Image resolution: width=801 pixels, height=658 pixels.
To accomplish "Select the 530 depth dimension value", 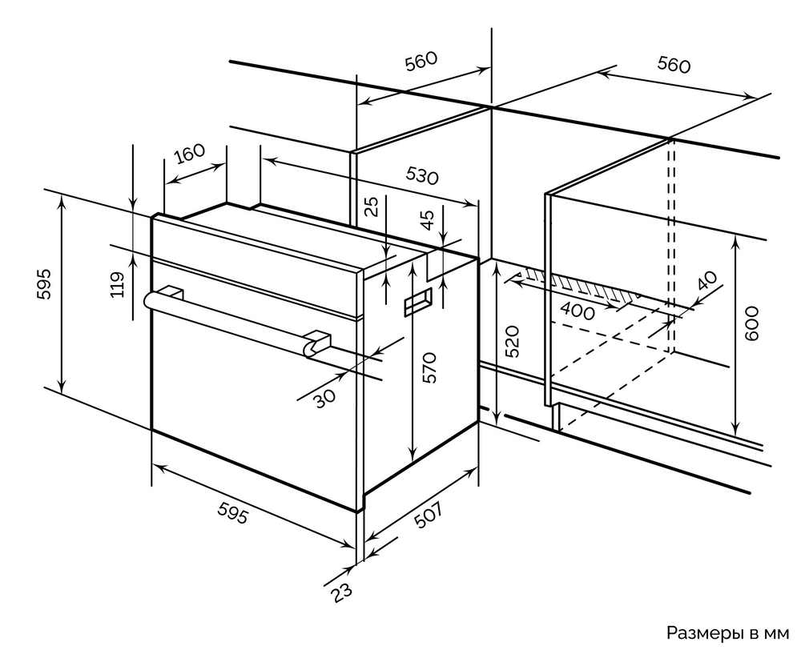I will click(421, 175).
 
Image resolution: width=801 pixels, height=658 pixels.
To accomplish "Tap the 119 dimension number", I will click(117, 285).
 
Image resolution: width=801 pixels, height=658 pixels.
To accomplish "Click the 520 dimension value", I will click(513, 341).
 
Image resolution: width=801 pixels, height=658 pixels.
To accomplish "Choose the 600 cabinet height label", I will click(751, 323).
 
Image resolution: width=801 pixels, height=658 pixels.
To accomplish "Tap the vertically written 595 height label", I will click(44, 284).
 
